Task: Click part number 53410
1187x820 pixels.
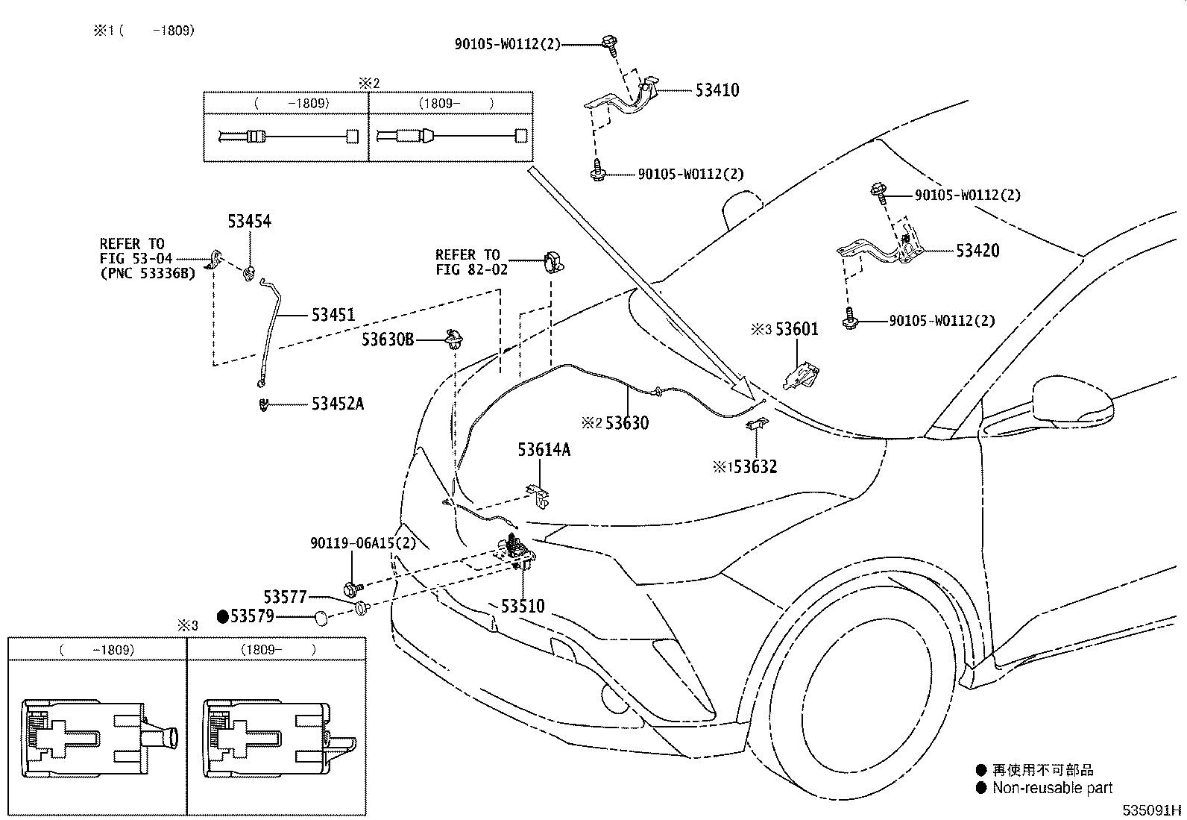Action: click(x=717, y=90)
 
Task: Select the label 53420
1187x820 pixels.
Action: click(x=977, y=250)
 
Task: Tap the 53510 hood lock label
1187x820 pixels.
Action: click(x=523, y=606)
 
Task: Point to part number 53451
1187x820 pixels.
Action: click(x=333, y=316)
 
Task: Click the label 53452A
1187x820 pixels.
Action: click(x=338, y=404)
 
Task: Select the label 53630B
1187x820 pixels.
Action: click(x=388, y=339)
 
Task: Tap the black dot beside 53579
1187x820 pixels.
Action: click(x=222, y=616)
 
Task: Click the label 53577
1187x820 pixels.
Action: click(x=285, y=598)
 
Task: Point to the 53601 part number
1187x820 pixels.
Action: click(x=796, y=329)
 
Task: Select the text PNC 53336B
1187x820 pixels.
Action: click(x=147, y=273)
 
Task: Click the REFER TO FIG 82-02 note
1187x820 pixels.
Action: click(x=471, y=262)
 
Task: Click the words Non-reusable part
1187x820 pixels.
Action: click(x=1052, y=788)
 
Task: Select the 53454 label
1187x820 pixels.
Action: click(x=249, y=222)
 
